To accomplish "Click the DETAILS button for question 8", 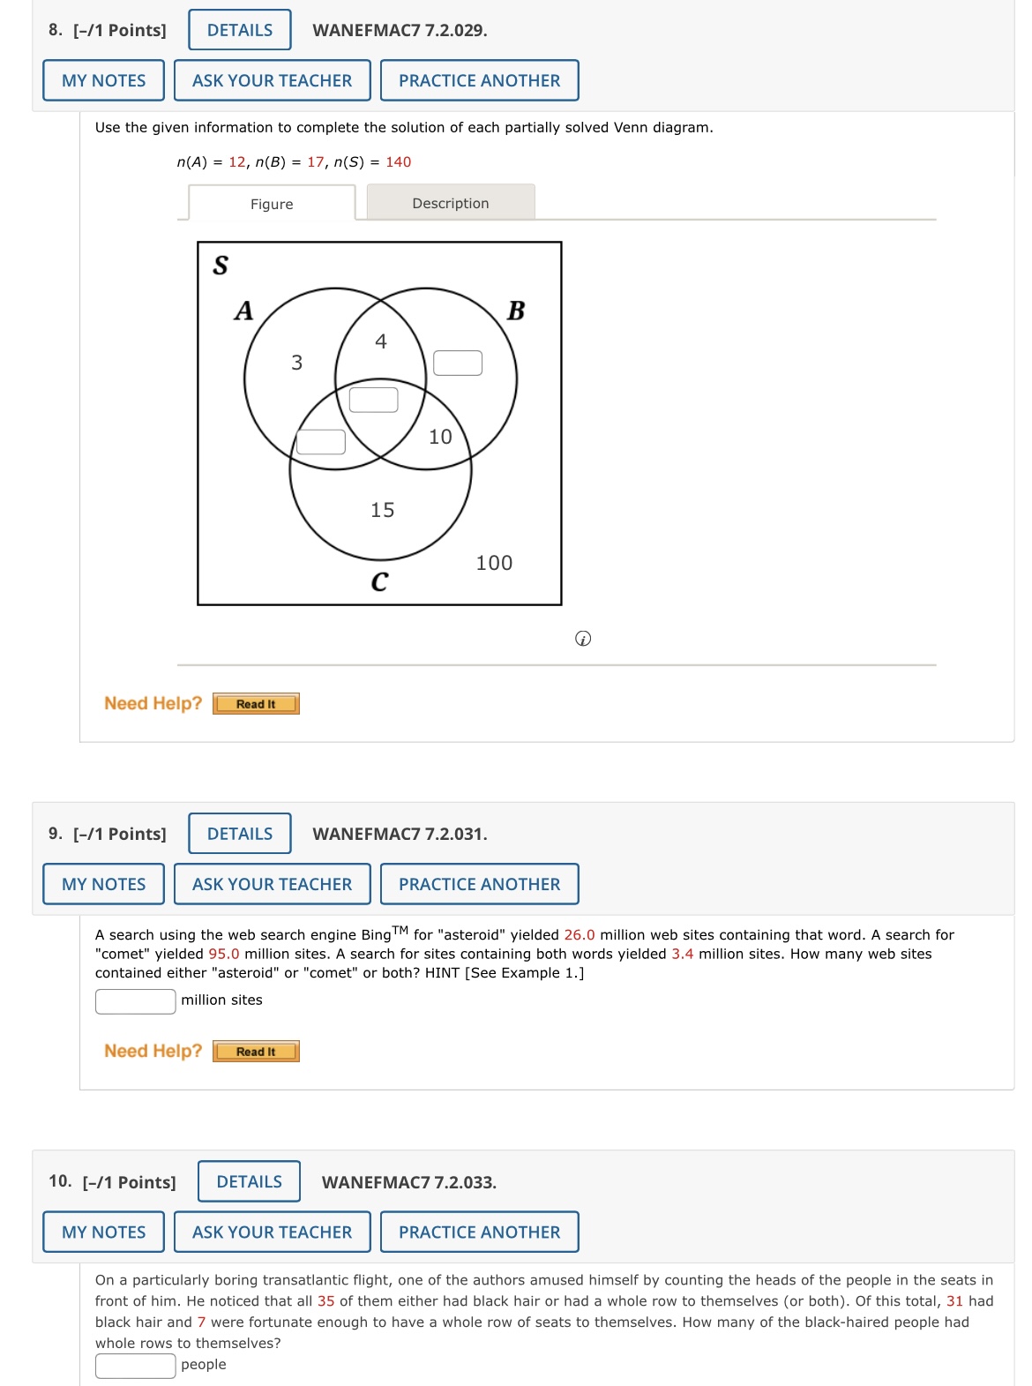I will [x=240, y=30].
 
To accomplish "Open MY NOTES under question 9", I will [x=104, y=884].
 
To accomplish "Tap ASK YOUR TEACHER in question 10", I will [x=272, y=1232].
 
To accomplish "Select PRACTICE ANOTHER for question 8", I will [x=479, y=80].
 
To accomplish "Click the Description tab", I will [x=451, y=203].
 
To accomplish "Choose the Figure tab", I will [x=272, y=204].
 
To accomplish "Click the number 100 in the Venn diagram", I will [x=494, y=563].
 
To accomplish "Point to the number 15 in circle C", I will [x=383, y=510].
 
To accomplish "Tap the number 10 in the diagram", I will [x=440, y=437].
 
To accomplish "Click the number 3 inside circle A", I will [x=297, y=363].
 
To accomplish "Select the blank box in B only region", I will [x=458, y=363].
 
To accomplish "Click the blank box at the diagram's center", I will [x=374, y=400].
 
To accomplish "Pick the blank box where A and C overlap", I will [x=321, y=441].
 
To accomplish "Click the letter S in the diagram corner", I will [x=221, y=265].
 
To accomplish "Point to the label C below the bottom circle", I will [x=379, y=581].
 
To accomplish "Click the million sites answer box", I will [x=136, y=1001].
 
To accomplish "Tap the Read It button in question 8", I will [x=256, y=704].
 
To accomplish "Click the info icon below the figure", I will [x=583, y=639].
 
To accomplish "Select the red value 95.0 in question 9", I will [x=224, y=954].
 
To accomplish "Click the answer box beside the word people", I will [x=136, y=1365].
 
